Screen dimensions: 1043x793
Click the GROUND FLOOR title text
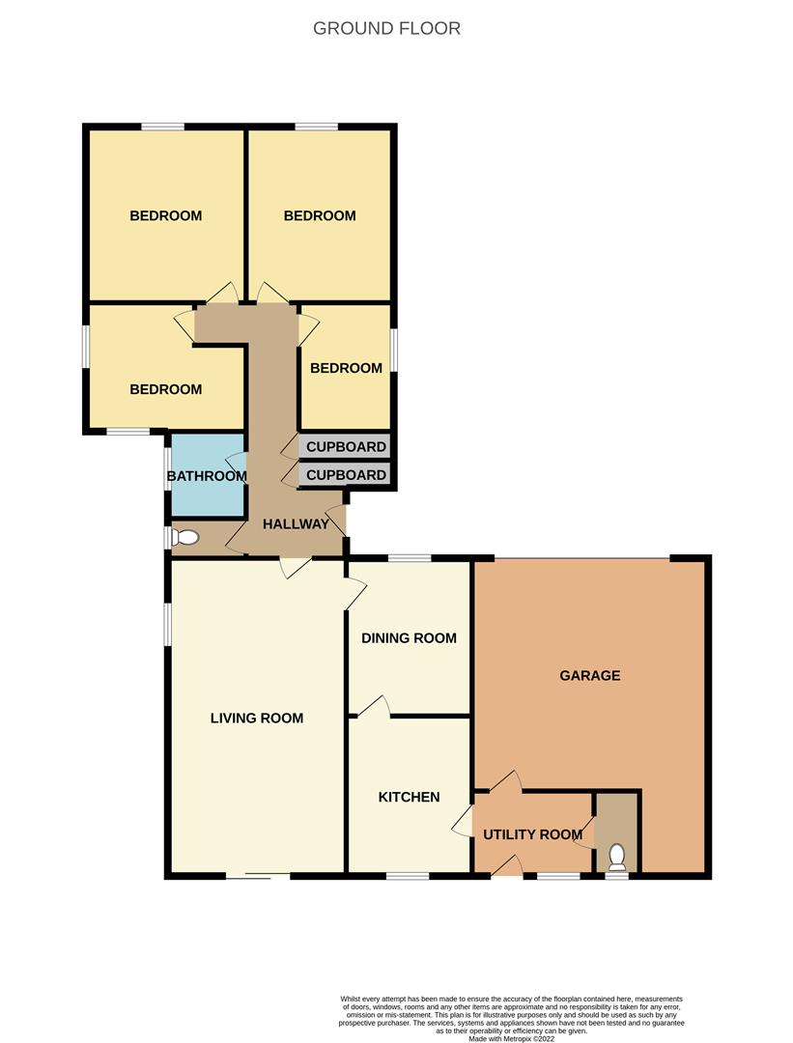pyautogui.click(x=386, y=28)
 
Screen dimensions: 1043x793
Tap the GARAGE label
pyautogui.click(x=589, y=675)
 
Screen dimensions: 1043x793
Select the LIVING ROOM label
pyautogui.click(x=257, y=718)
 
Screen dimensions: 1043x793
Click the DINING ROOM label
pyautogui.click(x=409, y=638)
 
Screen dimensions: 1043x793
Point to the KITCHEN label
pyautogui.click(x=409, y=797)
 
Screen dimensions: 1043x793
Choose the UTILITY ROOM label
pyautogui.click(x=532, y=834)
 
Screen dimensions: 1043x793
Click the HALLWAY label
pyautogui.click(x=296, y=524)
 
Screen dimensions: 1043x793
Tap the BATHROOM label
pyautogui.click(x=207, y=476)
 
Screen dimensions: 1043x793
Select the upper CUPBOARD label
pyautogui.click(x=346, y=447)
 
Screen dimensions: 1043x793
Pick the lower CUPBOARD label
pyautogui.click(x=346, y=475)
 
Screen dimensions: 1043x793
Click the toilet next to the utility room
pyautogui.click(x=618, y=856)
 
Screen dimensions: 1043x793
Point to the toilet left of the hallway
pyautogui.click(x=185, y=538)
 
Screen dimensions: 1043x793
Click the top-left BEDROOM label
pyautogui.click(x=166, y=215)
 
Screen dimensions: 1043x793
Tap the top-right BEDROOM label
pyautogui.click(x=320, y=215)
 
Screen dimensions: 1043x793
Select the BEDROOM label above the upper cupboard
pyautogui.click(x=346, y=368)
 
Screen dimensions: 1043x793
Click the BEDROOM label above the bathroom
pyautogui.click(x=166, y=389)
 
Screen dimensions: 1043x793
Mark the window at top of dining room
pyautogui.click(x=409, y=557)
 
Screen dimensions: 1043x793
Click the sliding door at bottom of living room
pyautogui.click(x=258, y=876)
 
